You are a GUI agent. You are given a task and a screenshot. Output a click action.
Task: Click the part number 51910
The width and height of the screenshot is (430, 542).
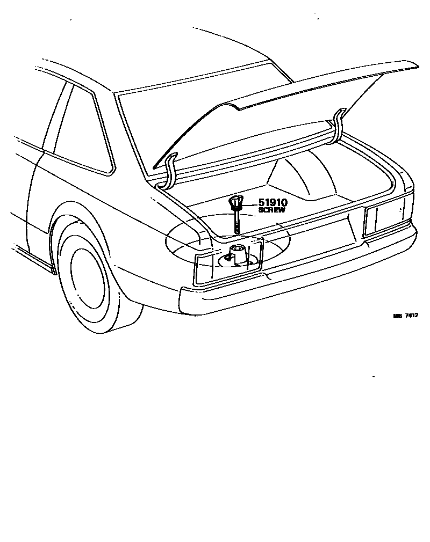point(274,203)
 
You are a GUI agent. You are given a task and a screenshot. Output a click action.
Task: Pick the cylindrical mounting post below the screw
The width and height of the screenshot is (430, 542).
point(238,253)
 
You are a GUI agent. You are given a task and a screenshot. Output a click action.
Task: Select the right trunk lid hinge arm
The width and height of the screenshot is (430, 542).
point(338,126)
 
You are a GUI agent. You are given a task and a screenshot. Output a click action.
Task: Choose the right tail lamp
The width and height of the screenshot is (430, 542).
point(385,217)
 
